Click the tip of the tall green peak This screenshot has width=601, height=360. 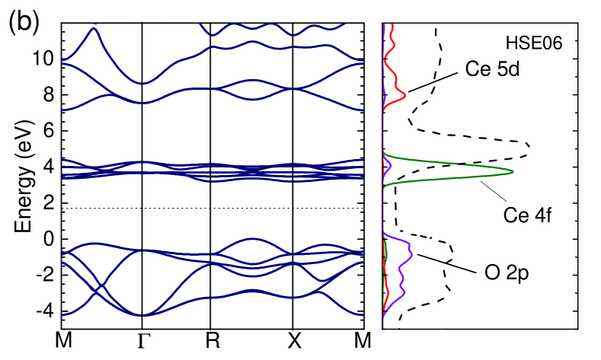pyautogui.click(x=513, y=171)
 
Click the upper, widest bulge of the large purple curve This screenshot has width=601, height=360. pyautogui.click(x=411, y=251)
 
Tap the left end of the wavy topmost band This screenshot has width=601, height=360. pyautogui.click(x=200, y=24)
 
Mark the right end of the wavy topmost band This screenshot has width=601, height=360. pyautogui.click(x=345, y=24)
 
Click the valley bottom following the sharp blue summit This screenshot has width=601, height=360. pyautogui.click(x=142, y=83)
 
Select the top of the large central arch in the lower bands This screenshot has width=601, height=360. pyautogui.click(x=253, y=239)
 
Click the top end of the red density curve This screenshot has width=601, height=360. pyautogui.click(x=391, y=24)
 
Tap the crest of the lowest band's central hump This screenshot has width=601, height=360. pyautogui.click(x=253, y=291)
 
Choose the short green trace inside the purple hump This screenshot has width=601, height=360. pyautogui.click(x=387, y=251)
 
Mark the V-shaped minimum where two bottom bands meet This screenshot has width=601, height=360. pyautogui.click(x=144, y=314)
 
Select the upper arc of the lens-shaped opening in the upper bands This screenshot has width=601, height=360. pyautogui.click(x=253, y=79)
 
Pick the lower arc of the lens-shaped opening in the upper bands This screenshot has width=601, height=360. pyautogui.click(x=253, y=99)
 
